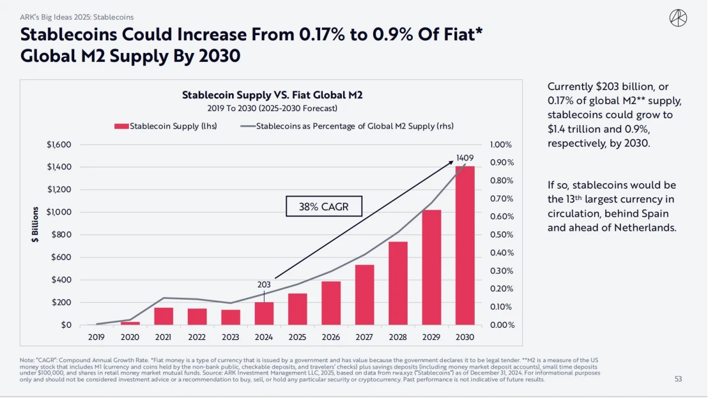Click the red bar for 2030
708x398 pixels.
click(x=465, y=245)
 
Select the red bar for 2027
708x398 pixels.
click(x=365, y=295)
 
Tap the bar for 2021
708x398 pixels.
click(x=164, y=316)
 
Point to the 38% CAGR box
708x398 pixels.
click(x=323, y=207)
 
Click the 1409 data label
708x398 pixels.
click(x=465, y=158)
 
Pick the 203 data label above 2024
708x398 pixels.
click(x=264, y=284)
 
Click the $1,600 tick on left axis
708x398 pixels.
click(x=59, y=144)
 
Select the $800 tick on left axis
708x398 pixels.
click(x=61, y=234)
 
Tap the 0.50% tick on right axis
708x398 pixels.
click(x=502, y=234)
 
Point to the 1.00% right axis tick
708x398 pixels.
click(x=502, y=144)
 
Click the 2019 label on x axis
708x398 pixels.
click(x=96, y=337)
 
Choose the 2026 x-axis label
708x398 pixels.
click(x=331, y=337)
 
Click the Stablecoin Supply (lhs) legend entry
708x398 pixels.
click(x=166, y=126)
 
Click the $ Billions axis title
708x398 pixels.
click(x=36, y=224)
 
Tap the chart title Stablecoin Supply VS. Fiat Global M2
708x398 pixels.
click(x=272, y=95)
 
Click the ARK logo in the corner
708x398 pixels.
click(x=678, y=18)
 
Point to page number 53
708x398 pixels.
click(x=679, y=379)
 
